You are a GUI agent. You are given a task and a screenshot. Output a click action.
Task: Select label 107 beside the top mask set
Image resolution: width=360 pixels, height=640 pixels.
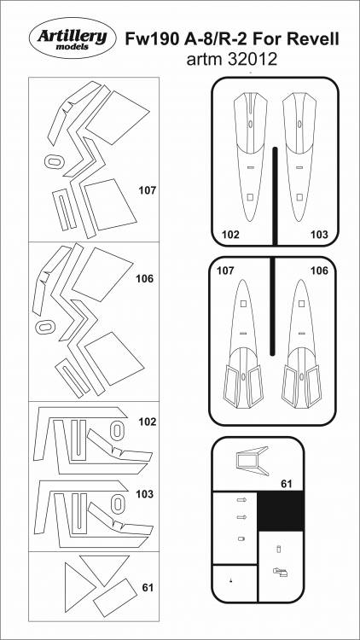[148, 190]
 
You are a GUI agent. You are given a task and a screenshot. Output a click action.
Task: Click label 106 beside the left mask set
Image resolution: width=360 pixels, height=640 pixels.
[145, 279]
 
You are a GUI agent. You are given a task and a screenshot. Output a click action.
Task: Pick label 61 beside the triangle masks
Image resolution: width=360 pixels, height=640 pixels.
[148, 588]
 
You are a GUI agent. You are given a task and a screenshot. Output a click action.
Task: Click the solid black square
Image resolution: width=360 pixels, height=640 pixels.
[281, 510]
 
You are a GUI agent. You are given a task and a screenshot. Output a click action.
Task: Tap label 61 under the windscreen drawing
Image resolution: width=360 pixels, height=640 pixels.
[287, 485]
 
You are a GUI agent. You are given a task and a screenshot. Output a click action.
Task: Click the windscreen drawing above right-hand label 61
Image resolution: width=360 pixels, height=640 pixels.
[252, 461]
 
